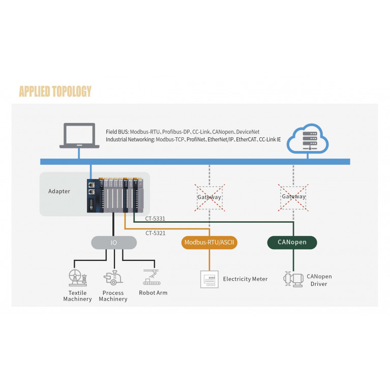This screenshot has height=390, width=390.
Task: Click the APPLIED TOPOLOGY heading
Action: pos(55,92)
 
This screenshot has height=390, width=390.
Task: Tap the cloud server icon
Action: pos(307,137)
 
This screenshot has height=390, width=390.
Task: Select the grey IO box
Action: pos(114,243)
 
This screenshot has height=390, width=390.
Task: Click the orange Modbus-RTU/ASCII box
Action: pos(209,243)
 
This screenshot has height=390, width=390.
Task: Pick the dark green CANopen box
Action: pos(292,242)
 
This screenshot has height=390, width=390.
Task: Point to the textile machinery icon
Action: pos(77,278)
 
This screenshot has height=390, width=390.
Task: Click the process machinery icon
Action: pos(112,278)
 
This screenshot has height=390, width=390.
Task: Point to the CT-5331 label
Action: pos(155,219)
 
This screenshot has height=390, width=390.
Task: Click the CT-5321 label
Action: pos(155,233)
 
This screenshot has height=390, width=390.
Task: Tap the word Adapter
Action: pos(59,192)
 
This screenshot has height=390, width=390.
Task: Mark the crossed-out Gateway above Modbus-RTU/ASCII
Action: pos(209,196)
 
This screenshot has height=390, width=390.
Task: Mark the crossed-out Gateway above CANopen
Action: pos(293,196)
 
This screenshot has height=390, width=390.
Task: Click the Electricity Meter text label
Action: pos(245,279)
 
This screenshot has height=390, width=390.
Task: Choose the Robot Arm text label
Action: pos(153,293)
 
